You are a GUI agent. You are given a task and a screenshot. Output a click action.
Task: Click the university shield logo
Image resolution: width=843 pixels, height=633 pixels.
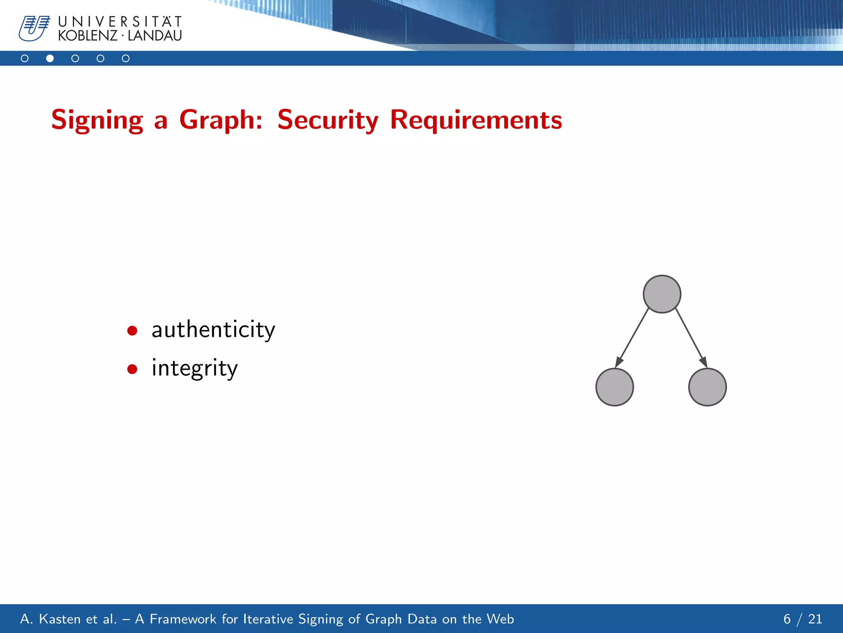[x=34, y=28]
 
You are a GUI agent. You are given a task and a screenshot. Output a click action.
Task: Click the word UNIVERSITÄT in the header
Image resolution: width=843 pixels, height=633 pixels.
[x=120, y=21]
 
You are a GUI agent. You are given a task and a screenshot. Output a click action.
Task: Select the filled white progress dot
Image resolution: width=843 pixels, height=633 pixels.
[x=50, y=59]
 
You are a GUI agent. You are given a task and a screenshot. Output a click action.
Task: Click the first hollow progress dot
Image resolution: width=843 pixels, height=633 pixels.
[x=25, y=59]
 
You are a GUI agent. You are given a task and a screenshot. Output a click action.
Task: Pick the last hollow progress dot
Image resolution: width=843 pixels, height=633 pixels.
[x=126, y=59]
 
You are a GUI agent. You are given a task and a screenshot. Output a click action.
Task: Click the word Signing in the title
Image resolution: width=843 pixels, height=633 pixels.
[x=97, y=120]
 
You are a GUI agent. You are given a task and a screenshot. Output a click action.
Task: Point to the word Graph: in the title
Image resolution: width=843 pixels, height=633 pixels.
[x=221, y=120]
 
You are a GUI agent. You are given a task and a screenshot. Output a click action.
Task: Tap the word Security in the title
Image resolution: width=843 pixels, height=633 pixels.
[x=328, y=120]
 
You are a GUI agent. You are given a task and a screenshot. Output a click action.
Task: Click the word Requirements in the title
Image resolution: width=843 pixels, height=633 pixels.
[x=476, y=120]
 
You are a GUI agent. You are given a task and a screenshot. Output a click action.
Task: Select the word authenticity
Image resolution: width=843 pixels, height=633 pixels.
[x=213, y=330]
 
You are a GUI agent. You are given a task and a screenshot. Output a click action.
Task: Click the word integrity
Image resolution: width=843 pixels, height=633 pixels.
[x=194, y=368]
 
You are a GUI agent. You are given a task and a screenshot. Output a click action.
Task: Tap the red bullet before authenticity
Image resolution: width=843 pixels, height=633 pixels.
[x=132, y=331]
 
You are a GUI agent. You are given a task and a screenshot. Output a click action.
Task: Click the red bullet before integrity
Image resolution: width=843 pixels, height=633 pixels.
[x=132, y=369]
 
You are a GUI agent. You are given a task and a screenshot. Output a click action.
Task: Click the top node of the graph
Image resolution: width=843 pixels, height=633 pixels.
[x=662, y=294]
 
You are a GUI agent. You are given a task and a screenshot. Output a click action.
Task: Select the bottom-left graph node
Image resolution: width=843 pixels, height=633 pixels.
[x=615, y=387]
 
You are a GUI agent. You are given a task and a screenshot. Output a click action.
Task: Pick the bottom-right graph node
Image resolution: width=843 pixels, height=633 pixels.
[x=707, y=387]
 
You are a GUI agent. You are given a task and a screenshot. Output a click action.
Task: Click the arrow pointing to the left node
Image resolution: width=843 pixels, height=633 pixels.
[x=632, y=338]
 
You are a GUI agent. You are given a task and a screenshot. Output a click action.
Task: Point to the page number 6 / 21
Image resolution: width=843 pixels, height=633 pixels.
[x=802, y=619]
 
